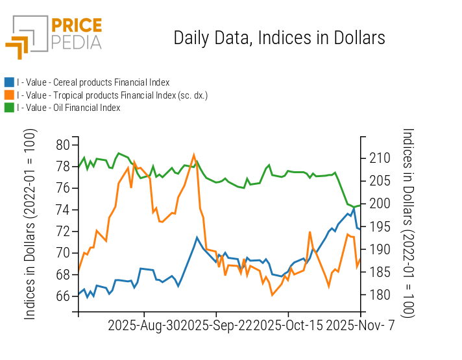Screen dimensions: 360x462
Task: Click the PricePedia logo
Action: coord(54,36)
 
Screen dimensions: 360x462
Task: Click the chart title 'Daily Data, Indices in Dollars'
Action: coord(279,38)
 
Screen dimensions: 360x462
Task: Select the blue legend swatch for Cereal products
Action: coord(9,82)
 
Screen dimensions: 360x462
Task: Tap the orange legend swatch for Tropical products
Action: coord(9,95)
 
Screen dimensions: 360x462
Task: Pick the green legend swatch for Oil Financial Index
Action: coord(9,108)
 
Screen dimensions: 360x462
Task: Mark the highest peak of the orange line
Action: coord(194,154)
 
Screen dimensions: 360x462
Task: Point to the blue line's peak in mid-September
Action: coord(197,237)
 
